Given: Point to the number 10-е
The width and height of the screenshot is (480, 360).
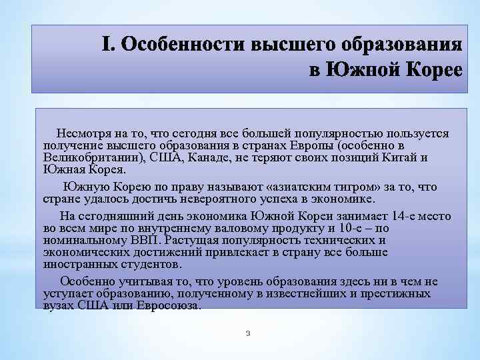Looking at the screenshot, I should [375, 229].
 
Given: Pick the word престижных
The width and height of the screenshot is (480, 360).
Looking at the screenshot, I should [397, 294].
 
